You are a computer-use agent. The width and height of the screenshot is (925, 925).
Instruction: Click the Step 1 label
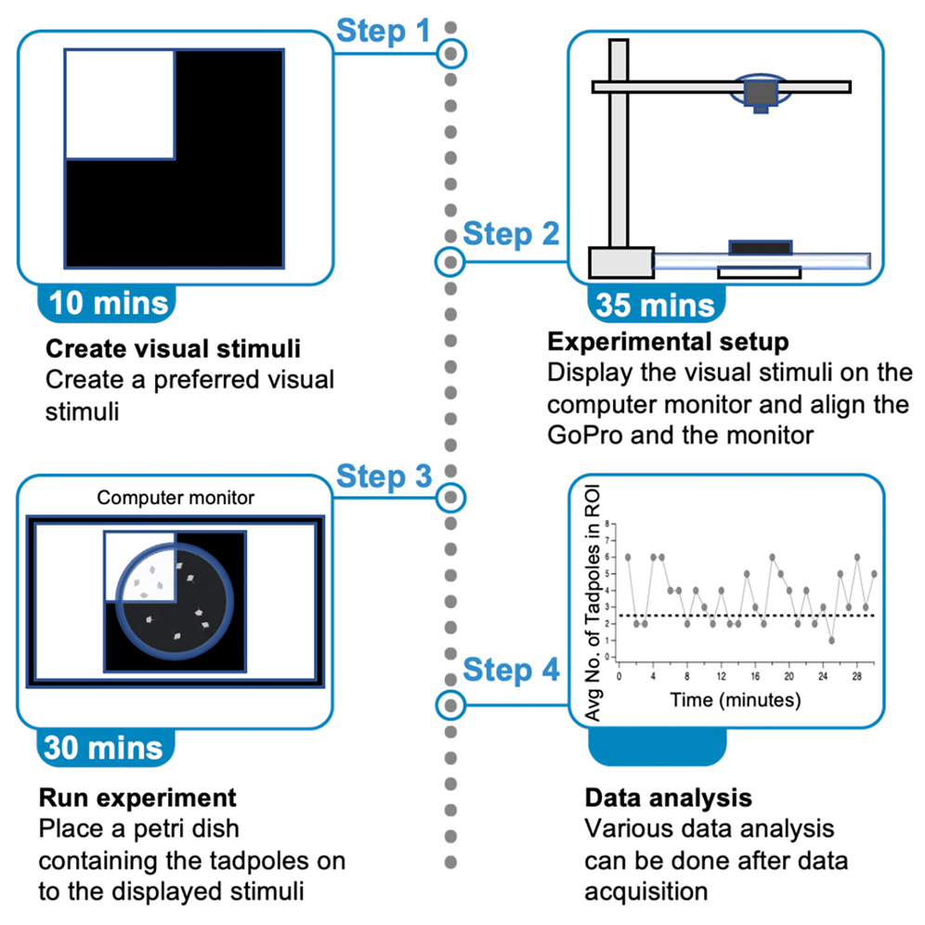[383, 31]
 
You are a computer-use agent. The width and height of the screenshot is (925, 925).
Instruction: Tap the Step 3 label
[384, 477]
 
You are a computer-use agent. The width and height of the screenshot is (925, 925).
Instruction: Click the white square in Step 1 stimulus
[120, 105]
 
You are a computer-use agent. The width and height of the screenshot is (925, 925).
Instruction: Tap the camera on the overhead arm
[761, 93]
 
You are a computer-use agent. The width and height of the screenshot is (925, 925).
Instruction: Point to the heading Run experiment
[137, 798]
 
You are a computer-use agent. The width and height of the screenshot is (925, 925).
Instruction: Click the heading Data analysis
[668, 798]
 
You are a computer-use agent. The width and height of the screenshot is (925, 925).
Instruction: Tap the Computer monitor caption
[176, 498]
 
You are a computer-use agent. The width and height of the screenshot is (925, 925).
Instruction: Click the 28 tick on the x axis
[856, 677]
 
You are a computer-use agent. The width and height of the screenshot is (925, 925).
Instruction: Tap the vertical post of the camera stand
[619, 149]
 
